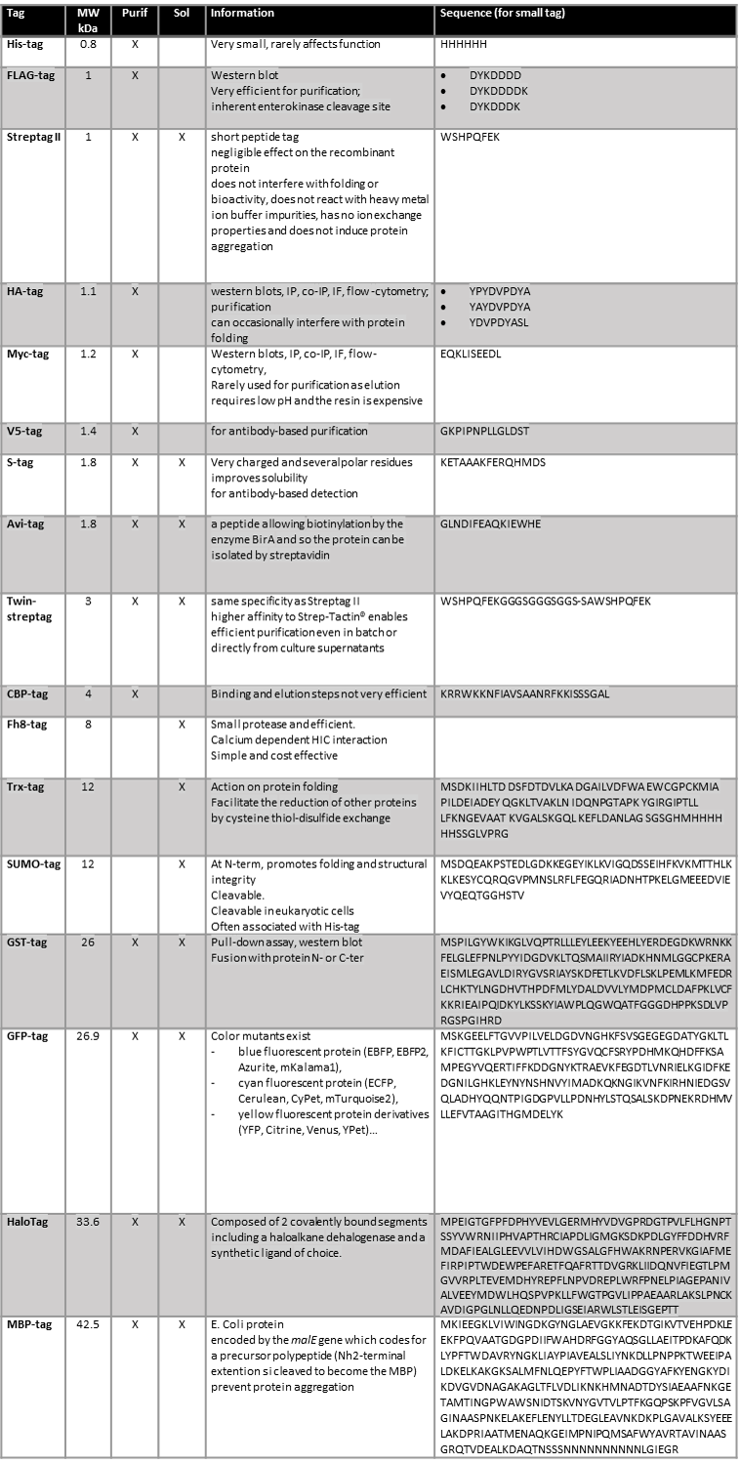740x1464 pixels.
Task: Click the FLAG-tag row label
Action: click(30, 74)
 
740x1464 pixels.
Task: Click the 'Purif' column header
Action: click(136, 14)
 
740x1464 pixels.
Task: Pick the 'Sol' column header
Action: click(182, 14)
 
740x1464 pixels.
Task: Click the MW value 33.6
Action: click(89, 1223)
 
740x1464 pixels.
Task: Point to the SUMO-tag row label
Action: click(32, 865)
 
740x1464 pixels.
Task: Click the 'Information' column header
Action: click(242, 14)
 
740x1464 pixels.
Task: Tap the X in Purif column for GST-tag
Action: click(136, 943)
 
